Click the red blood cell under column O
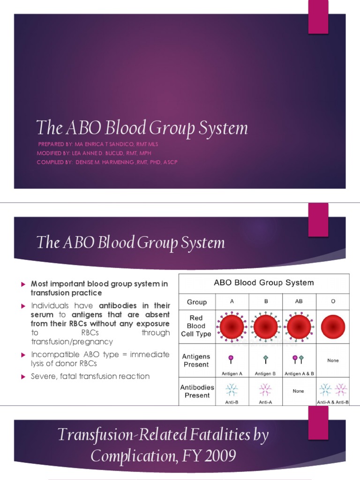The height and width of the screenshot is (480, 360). click(x=333, y=326)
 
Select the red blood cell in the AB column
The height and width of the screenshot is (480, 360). click(x=299, y=326)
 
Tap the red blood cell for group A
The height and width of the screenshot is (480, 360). click(x=232, y=326)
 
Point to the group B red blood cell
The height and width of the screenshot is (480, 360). click(x=265, y=326)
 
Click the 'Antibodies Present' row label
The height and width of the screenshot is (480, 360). click(x=197, y=391)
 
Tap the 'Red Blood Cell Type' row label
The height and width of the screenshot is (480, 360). click(x=196, y=326)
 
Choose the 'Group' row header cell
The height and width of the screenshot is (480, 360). click(x=197, y=302)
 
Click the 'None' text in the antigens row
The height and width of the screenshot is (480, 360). click(x=333, y=360)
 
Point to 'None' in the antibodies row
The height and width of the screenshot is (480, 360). click(x=298, y=391)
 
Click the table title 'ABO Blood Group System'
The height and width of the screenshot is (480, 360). click(x=264, y=283)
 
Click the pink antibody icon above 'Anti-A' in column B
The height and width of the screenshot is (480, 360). click(x=265, y=390)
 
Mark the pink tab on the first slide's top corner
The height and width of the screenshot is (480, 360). click(x=318, y=17)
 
